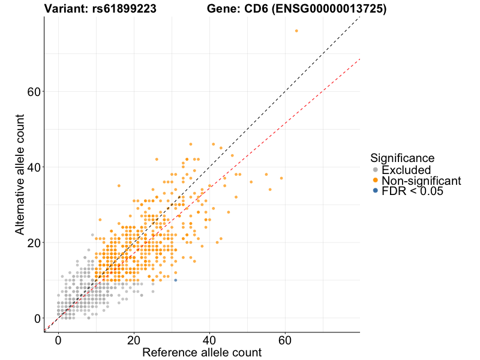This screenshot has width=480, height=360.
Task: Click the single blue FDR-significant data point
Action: [x=175, y=280]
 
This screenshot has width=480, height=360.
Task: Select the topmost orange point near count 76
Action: [x=296, y=31]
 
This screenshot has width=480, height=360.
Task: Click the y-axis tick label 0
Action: [x=38, y=318]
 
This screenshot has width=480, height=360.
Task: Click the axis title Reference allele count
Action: [x=202, y=352]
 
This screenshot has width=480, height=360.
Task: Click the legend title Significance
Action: [x=402, y=158]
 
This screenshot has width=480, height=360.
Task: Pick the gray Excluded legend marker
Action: [x=376, y=170]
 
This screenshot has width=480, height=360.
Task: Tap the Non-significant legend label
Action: [x=421, y=181]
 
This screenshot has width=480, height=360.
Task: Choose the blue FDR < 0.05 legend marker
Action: [x=376, y=191]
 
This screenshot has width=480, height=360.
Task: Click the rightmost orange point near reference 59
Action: [x=281, y=178]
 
